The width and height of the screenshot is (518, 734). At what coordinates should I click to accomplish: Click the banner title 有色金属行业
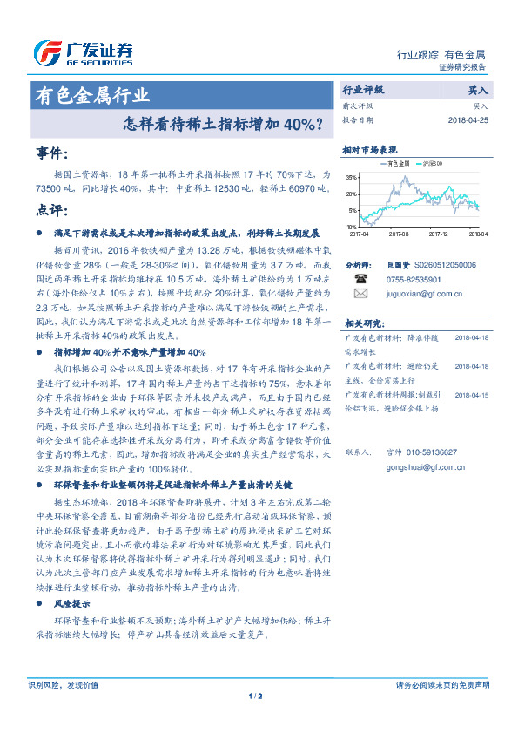tap(91, 96)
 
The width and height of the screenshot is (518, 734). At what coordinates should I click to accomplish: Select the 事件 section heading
tap(52, 153)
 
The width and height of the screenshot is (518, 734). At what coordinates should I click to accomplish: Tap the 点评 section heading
tap(52, 211)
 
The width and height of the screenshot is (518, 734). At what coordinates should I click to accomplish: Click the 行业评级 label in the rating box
tap(362, 90)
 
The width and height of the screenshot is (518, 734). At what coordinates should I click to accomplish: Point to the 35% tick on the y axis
tap(352, 177)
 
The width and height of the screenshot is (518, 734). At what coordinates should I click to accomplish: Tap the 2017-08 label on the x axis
tap(399, 234)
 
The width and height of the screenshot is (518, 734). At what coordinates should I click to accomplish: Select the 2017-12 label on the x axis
tap(438, 234)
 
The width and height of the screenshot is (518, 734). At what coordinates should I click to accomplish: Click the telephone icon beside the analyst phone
tap(360, 279)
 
